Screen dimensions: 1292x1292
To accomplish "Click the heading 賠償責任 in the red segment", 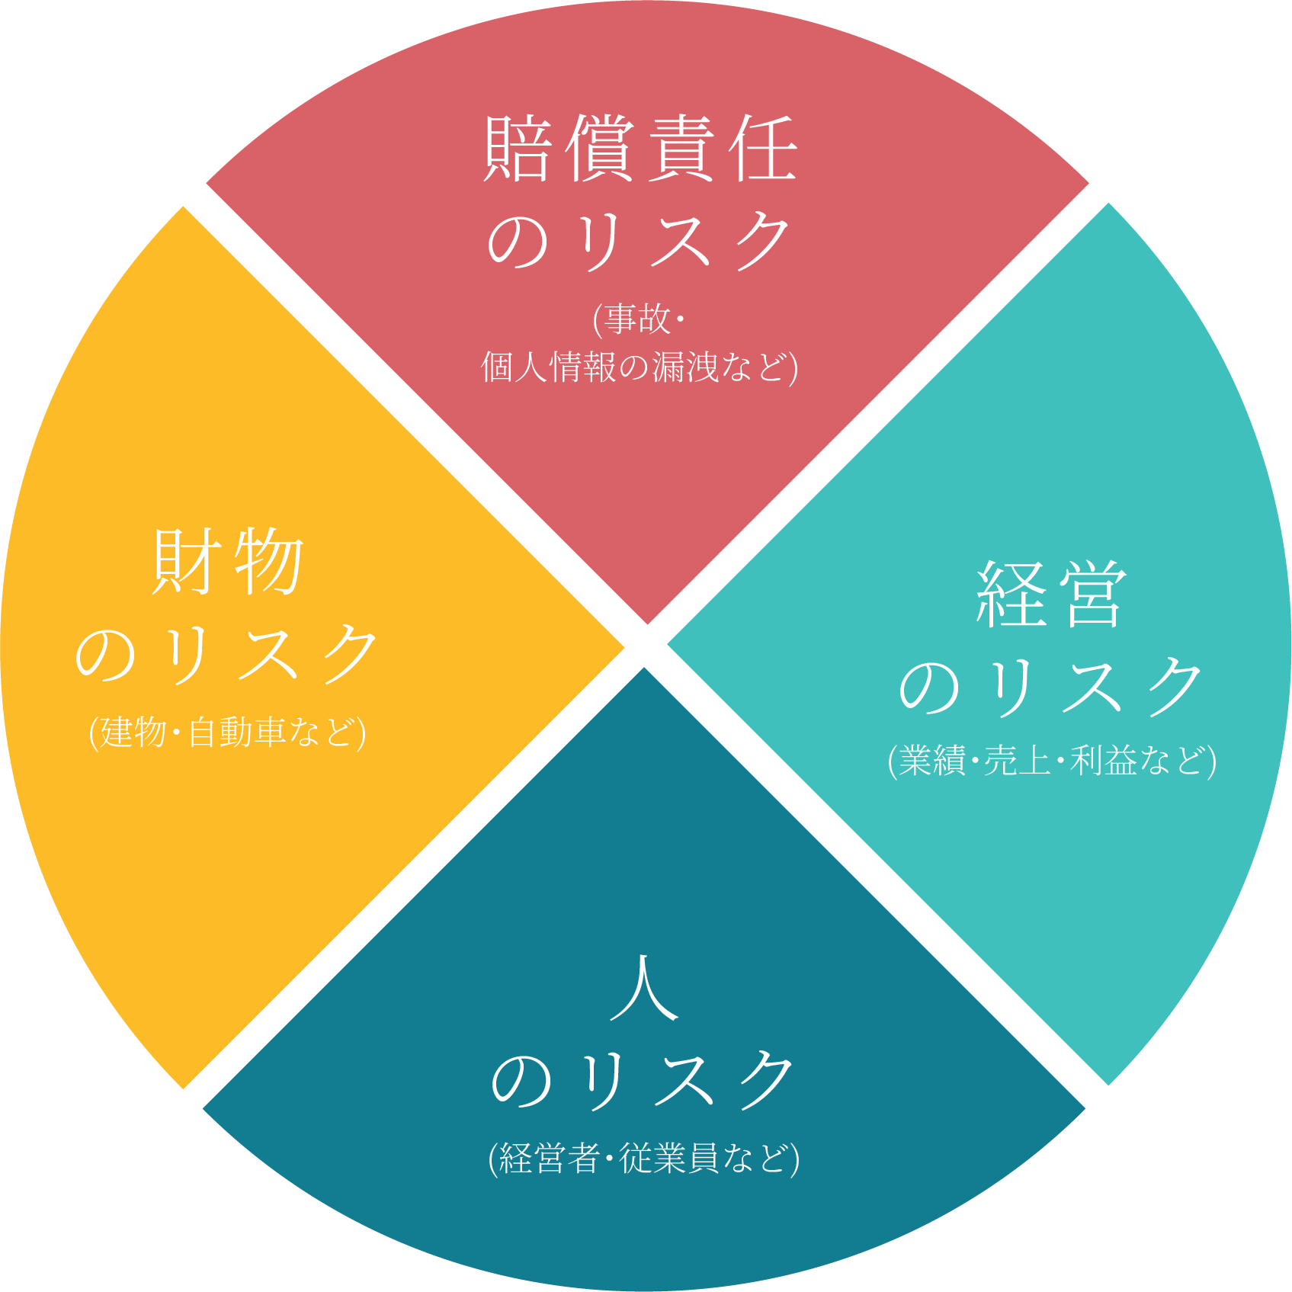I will (x=640, y=149).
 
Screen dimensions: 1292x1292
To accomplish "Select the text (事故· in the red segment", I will (x=639, y=319).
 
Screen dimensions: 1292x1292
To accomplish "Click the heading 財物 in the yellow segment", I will (x=228, y=563).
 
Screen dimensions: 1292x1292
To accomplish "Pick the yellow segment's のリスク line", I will (x=226, y=653).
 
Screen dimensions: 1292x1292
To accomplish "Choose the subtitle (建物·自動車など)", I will (x=227, y=732).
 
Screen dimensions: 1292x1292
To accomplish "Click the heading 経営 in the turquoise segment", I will (x=1051, y=595).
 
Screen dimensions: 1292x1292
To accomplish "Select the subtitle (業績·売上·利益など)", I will (x=1051, y=761).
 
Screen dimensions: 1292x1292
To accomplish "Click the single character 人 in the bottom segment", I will (x=644, y=988).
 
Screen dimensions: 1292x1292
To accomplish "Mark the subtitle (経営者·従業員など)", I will (x=644, y=1159).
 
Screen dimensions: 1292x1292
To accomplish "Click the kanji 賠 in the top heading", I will (x=518, y=149).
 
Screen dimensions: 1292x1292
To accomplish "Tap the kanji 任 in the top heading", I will (x=763, y=149).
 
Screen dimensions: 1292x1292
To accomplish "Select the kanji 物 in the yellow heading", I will (x=269, y=563).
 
